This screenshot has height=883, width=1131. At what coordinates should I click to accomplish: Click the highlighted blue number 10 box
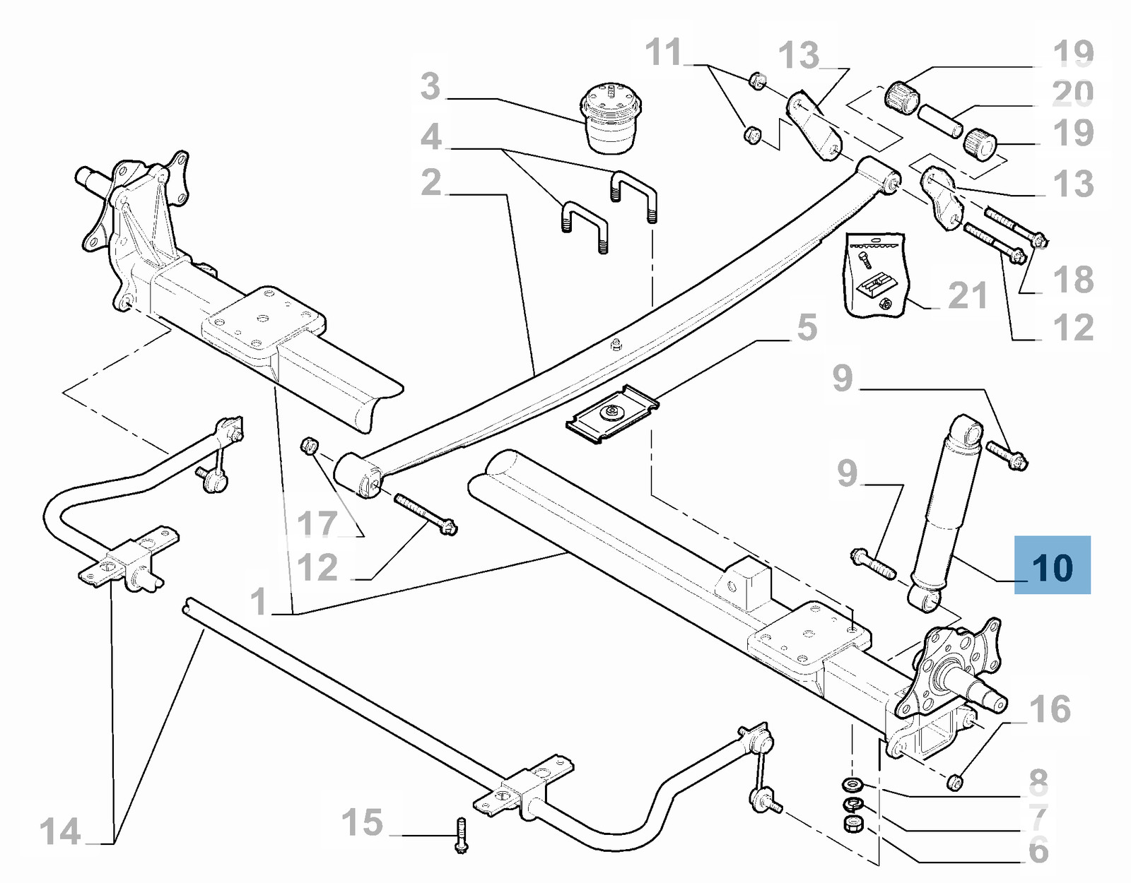[x=1052, y=564]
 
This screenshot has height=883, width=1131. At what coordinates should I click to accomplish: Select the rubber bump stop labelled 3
[x=607, y=119]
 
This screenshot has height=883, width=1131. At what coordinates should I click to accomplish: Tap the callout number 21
[x=968, y=295]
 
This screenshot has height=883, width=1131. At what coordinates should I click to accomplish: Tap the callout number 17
[x=317, y=523]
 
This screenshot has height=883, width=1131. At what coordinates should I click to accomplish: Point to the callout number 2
[x=431, y=182]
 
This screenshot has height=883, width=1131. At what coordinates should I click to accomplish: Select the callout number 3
[x=430, y=85]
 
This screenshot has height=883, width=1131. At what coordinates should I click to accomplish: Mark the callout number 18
[x=1073, y=279]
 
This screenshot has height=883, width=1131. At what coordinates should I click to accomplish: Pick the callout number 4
[x=431, y=138]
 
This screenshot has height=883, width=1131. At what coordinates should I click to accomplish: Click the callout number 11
[x=664, y=52]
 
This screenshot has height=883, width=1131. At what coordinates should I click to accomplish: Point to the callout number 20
[x=1073, y=92]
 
